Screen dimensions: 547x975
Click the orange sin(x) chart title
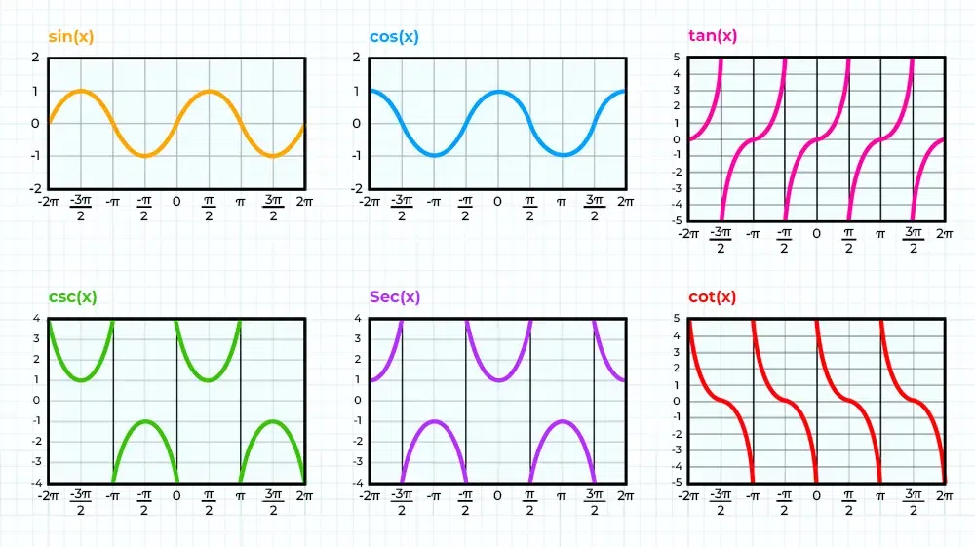tap(71, 37)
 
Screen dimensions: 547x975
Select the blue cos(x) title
tap(394, 37)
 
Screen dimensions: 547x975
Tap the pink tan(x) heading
tap(712, 37)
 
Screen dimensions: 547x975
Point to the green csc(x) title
tap(73, 296)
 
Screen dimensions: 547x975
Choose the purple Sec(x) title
tap(394, 296)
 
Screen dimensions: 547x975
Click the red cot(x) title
tap(712, 296)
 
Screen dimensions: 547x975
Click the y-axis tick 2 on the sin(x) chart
tap(36, 58)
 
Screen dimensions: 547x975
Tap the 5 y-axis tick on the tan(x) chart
tap(677, 58)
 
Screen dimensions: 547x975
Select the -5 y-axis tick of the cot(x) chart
tap(676, 482)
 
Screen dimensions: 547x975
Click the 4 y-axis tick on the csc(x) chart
tap(36, 318)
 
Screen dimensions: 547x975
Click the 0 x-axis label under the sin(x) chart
tap(176, 202)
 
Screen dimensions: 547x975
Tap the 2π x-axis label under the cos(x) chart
tap(625, 202)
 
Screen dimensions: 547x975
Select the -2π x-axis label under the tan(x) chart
tap(688, 235)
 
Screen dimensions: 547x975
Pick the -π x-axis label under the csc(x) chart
tap(112, 495)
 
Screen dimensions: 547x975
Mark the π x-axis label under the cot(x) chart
tap(880, 495)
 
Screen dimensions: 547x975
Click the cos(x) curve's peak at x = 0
tap(498, 92)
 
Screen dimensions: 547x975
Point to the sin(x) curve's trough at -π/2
tap(144, 155)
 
